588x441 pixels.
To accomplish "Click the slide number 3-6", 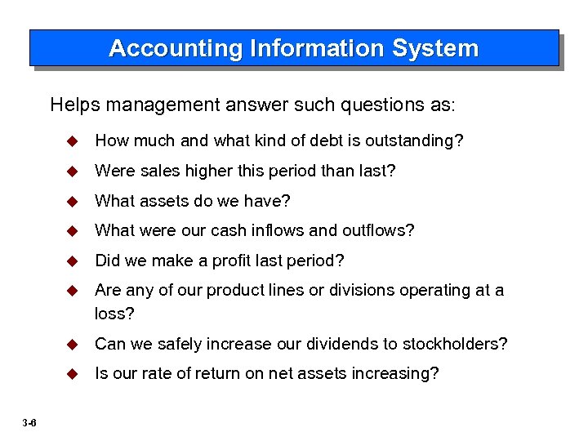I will (x=29, y=422).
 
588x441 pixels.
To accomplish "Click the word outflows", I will (x=384, y=231).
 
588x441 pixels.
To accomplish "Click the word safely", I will (x=161, y=344).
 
